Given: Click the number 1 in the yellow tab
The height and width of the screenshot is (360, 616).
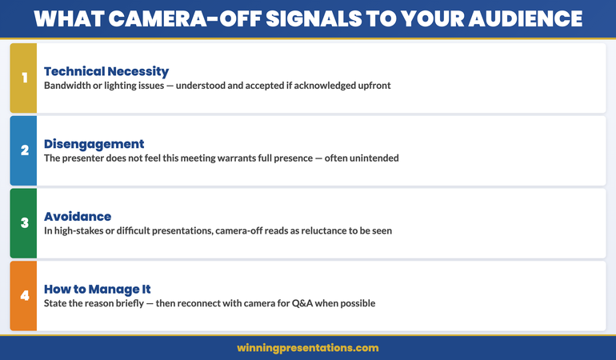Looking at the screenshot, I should pyautogui.click(x=24, y=78).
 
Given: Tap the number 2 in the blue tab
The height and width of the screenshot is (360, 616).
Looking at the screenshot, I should pyautogui.click(x=24, y=150).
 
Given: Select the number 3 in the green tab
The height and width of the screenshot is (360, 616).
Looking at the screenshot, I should pyautogui.click(x=24, y=223).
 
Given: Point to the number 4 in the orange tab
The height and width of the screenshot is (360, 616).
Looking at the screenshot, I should pyautogui.click(x=24, y=296).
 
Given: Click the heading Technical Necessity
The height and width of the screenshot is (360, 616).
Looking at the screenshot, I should pyautogui.click(x=106, y=71).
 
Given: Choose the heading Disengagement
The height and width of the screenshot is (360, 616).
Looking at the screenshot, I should pyautogui.click(x=94, y=144).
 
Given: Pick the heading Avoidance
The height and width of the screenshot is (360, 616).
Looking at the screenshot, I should pyautogui.click(x=78, y=217).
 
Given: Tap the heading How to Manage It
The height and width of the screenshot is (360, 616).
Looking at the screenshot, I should pyautogui.click(x=98, y=290).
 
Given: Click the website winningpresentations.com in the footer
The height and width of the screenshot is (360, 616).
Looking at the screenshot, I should pyautogui.click(x=308, y=348).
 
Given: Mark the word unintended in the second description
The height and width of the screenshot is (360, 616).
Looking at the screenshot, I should pyautogui.click(x=370, y=158).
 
